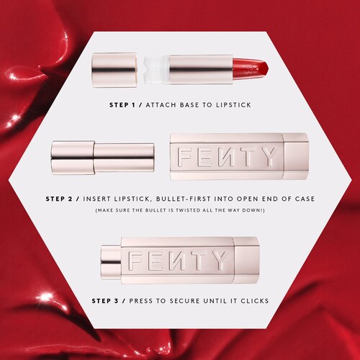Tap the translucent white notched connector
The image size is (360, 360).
click(x=157, y=69)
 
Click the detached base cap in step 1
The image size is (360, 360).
click(x=114, y=70)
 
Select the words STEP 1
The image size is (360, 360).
click(x=122, y=105)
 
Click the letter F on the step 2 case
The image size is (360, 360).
click(x=185, y=157)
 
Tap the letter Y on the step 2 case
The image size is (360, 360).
click(x=269, y=157)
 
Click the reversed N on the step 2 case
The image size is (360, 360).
click(x=225, y=157)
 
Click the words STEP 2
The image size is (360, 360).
click(x=59, y=199)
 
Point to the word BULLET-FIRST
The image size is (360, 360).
click(x=183, y=199)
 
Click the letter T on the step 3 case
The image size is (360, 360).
click(x=197, y=261)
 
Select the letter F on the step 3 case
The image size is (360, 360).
click(x=135, y=261)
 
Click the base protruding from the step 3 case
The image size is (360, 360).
click(x=111, y=261)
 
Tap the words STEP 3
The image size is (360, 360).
click(x=105, y=301)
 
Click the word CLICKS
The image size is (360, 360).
click(x=255, y=301)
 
